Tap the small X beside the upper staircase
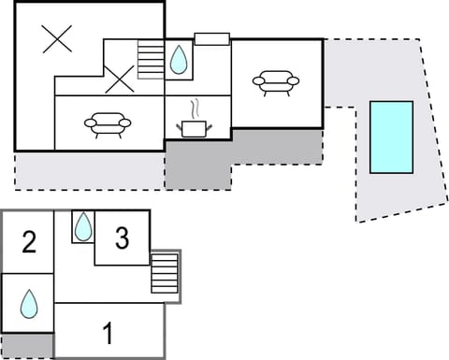coord(120,79)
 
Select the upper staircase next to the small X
coord(150,61)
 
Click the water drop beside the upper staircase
coord(178,61)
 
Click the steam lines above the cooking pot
coord(196,108)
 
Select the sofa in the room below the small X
coord(108,124)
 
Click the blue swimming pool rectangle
coord(391,137)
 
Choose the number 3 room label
coord(122,239)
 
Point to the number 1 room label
coord(108,333)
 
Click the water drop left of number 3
coord(83,225)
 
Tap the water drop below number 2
coord(29,303)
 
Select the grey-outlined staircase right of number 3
coord(164,275)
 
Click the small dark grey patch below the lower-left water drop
coord(27,345)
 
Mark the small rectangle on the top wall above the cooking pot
coord(211,38)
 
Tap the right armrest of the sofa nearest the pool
coord(293,81)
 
